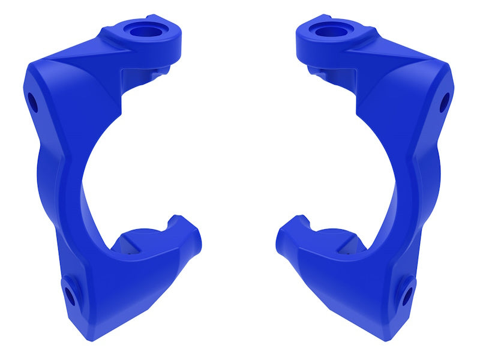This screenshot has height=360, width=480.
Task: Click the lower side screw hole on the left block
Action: (x=69, y=295)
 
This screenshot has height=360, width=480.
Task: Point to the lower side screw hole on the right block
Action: (x=408, y=295)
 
